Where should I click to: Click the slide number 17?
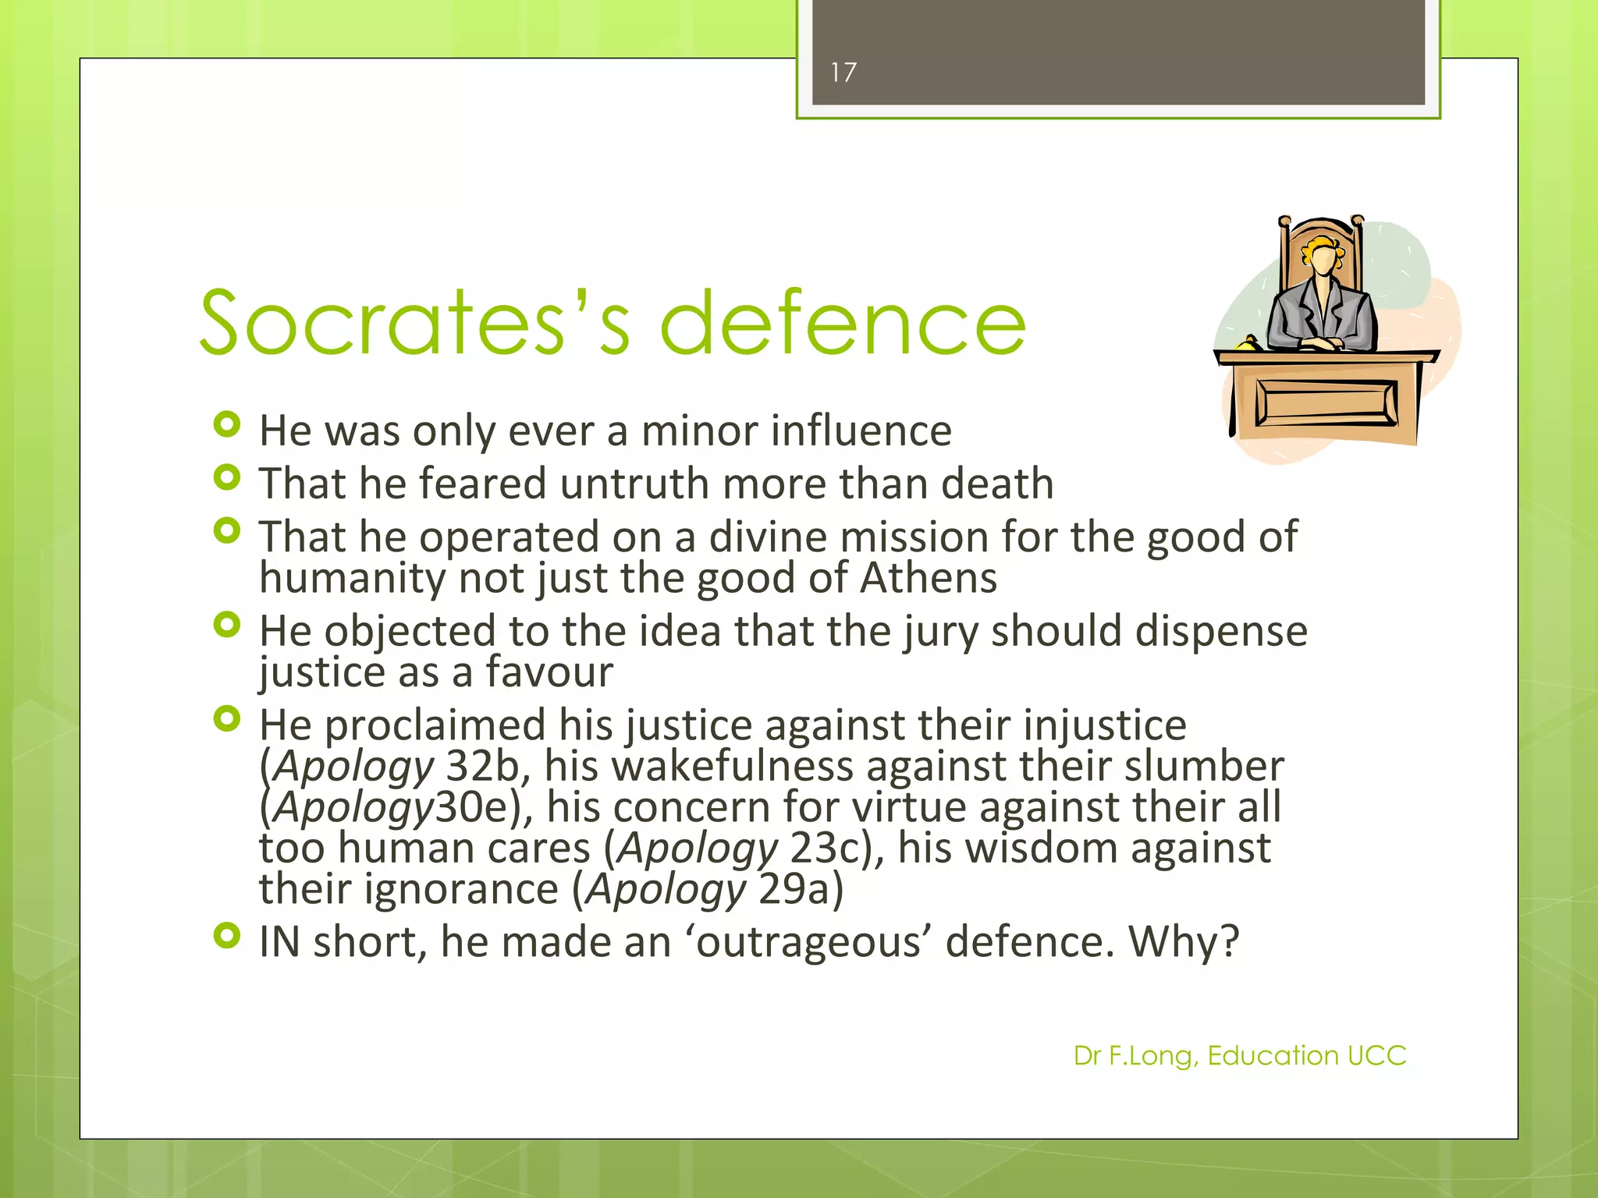click(843, 73)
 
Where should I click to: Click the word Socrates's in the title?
click(414, 322)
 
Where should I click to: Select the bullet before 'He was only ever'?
click(226, 425)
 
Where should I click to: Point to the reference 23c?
click(829, 849)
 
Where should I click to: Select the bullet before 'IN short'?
click(226, 935)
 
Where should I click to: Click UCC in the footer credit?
click(1376, 1056)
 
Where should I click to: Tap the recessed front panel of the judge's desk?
click(1326, 402)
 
